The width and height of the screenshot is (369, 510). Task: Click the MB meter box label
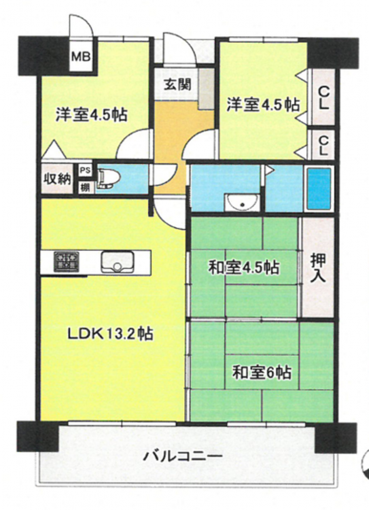click(81, 58)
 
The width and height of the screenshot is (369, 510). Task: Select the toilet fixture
click(109, 179)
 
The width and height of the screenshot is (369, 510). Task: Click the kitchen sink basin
click(118, 262)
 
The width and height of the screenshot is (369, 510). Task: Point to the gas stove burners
click(67, 261)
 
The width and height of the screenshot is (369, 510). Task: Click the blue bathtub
click(319, 188)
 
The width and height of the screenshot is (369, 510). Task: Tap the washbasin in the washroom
click(242, 203)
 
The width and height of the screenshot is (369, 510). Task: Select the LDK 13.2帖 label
click(110, 334)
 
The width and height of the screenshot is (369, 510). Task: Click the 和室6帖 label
click(262, 373)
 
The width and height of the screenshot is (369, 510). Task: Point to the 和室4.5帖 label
click(243, 268)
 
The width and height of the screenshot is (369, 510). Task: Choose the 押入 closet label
click(317, 268)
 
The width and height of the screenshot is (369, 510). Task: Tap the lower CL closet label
click(323, 146)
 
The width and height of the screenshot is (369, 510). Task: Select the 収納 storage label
click(57, 180)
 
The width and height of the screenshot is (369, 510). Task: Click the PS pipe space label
click(86, 171)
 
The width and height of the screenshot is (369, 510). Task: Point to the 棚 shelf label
click(86, 188)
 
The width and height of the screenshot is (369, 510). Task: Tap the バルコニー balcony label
click(183, 456)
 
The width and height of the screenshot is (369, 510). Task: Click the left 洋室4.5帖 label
click(91, 114)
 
